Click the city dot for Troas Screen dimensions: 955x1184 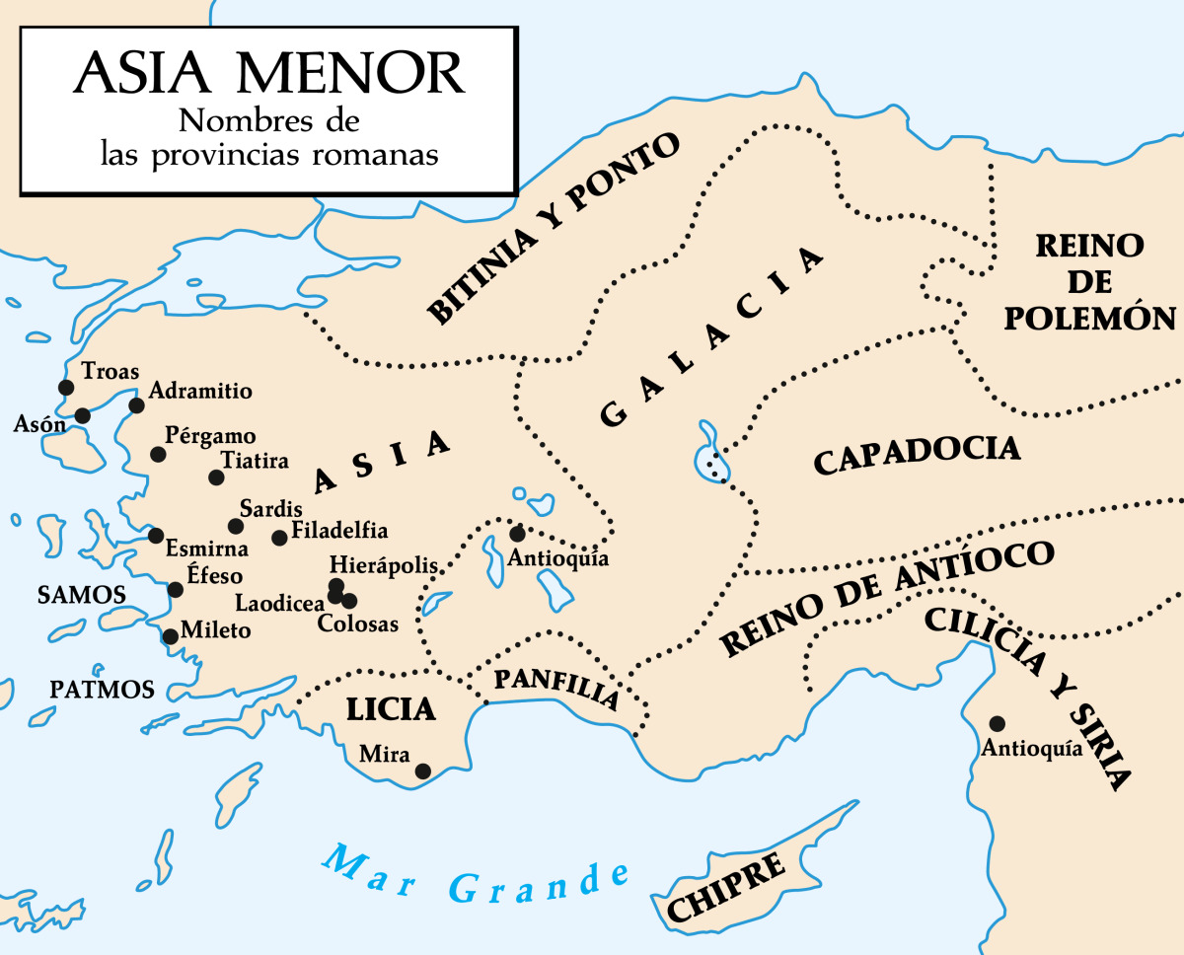[x=66, y=388]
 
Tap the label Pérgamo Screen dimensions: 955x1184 [x=210, y=436]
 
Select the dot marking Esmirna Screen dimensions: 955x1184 [x=155, y=536]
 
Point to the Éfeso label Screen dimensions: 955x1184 [x=214, y=577]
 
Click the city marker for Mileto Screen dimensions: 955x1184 [x=170, y=636]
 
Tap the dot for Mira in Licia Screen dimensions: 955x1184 [x=423, y=771]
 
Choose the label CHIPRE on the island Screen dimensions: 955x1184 [x=727, y=887]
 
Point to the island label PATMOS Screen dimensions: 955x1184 [x=103, y=690]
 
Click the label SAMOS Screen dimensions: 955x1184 [x=81, y=595]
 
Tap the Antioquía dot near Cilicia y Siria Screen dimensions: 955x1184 [x=998, y=723]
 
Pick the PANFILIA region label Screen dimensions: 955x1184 [x=555, y=689]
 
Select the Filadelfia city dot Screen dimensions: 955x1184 [x=279, y=538]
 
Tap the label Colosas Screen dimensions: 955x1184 [x=357, y=624]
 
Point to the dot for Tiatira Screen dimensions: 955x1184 [x=216, y=477]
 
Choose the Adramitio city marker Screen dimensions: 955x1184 [x=137, y=405]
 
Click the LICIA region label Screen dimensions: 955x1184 [x=390, y=709]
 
